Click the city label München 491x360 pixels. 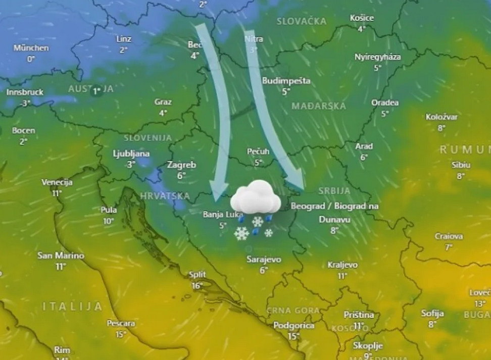click(31, 48)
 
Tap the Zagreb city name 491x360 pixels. click(182, 165)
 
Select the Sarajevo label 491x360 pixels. click(264, 260)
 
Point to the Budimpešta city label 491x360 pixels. click(286, 81)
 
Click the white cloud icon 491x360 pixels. click(256, 197)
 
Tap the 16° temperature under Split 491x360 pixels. click(198, 285)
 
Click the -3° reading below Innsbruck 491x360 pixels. click(25, 103)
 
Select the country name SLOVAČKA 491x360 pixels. click(302, 21)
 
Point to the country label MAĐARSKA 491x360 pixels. click(319, 106)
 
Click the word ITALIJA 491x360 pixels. click(73, 306)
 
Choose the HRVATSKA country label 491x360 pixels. click(165, 196)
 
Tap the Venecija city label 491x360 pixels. click(57, 182)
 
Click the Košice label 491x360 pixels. click(362, 18)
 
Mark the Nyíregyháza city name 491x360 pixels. click(378, 57)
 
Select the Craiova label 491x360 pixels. click(449, 236)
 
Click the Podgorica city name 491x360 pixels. click(294, 326)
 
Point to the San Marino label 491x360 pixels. click(61, 255)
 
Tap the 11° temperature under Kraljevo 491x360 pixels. click(342, 276)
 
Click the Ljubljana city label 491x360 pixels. click(131, 153)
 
